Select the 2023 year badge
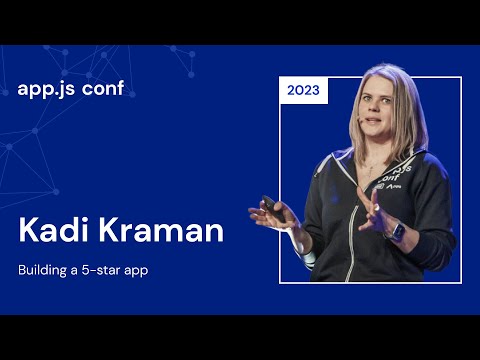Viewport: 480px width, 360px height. click(x=303, y=90)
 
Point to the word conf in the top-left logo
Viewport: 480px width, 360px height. click(x=112, y=88)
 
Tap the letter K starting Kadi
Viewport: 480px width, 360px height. click(x=28, y=230)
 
